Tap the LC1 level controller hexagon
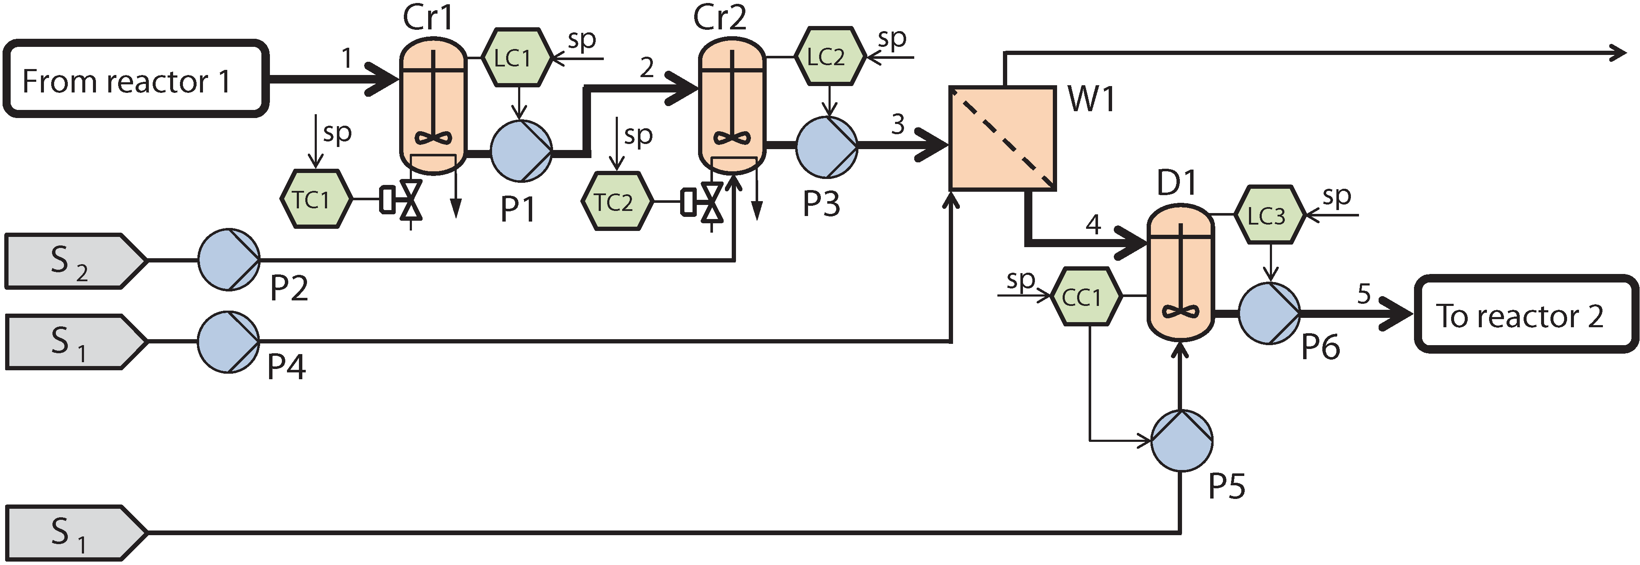click(x=516, y=57)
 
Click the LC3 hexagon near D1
click(x=1269, y=216)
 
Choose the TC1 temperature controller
click(x=315, y=199)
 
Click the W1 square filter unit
click(x=1003, y=138)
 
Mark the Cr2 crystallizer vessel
click(x=732, y=105)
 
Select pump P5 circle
click(x=1182, y=440)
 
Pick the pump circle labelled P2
click(x=229, y=259)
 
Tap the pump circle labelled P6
click(x=1269, y=313)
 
